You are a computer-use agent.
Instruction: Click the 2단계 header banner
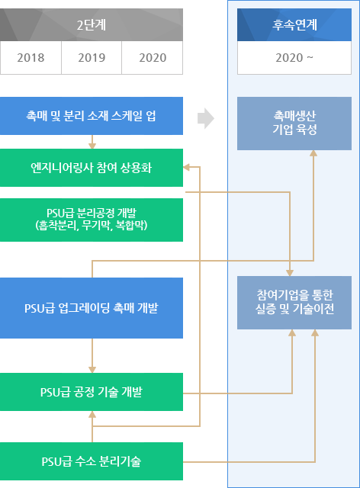pos(92,24)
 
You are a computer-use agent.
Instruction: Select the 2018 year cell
pos(31,57)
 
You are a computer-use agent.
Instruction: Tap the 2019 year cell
pos(92,57)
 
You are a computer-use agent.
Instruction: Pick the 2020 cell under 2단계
pos(153,57)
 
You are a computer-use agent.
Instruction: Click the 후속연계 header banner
pos(294,24)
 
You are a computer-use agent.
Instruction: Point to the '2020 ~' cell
pos(294,57)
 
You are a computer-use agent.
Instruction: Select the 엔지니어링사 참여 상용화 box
pos(92,168)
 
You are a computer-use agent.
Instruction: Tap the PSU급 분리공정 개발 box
pos(92,220)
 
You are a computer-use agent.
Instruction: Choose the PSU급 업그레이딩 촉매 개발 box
pos(92,308)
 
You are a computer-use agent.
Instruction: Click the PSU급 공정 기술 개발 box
pos(92,392)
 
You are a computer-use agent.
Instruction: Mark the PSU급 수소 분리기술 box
pos(92,461)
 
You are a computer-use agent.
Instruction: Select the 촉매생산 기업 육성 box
pos(294,124)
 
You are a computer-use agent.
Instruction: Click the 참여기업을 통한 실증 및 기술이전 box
pos(294,303)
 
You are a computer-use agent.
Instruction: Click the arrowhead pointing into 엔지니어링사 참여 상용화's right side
pos(188,168)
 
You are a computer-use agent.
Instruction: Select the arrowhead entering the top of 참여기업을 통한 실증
pos(291,271)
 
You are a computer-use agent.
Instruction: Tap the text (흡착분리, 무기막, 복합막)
pos(92,226)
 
